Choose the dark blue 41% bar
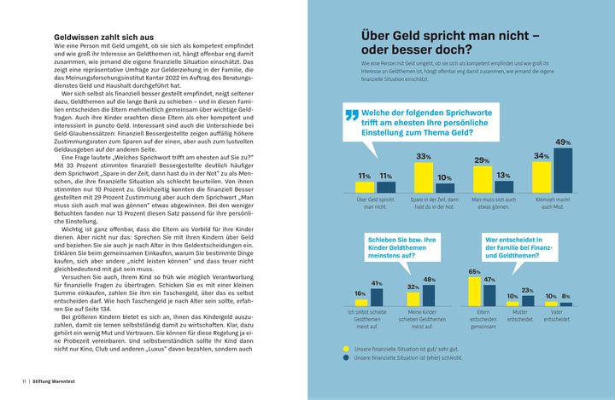pos(376,297)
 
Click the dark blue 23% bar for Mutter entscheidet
pos(526,300)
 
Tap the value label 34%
pos(541,156)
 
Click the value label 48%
pos(430,280)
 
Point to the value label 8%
pos(565,296)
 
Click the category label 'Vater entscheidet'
pos(557,316)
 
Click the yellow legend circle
pos(346,349)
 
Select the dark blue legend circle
pos(346,358)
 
